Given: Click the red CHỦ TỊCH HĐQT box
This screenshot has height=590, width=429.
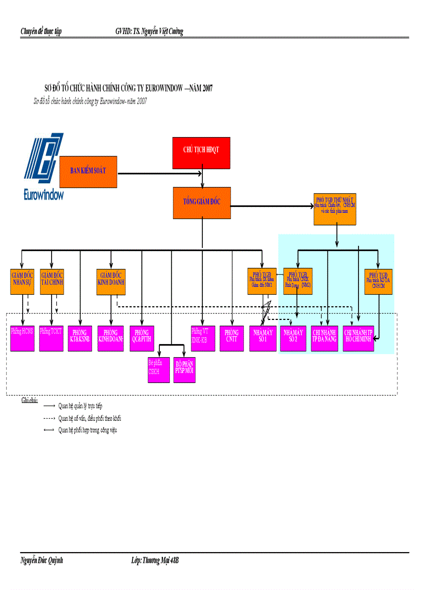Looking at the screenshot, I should [x=202, y=150].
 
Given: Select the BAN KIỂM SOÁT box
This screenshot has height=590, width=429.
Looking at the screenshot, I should [x=88, y=172].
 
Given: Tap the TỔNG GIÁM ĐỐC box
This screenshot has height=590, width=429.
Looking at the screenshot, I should [x=202, y=203].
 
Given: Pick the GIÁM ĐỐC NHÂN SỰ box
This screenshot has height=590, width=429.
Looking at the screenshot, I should [x=22, y=281].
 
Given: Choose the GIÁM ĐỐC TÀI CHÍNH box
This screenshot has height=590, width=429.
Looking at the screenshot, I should [x=52, y=281].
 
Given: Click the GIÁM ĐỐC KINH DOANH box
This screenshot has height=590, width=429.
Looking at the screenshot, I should [x=111, y=281].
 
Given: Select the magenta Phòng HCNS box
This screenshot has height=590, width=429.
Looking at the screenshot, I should [x=22, y=338].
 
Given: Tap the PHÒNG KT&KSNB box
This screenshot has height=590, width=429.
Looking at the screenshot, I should [x=80, y=338].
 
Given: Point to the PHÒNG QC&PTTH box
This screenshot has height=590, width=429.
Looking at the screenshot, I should [x=141, y=338].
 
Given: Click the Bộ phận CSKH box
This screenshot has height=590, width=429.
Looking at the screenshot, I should [x=158, y=369].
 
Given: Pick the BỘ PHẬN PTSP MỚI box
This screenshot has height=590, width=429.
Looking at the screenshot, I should [x=185, y=369].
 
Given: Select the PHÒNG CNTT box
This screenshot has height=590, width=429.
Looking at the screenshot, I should [x=231, y=338].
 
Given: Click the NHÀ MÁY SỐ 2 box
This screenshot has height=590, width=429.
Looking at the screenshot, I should [x=293, y=338].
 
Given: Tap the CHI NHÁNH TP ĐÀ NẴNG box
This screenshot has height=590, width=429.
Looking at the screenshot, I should [x=324, y=338].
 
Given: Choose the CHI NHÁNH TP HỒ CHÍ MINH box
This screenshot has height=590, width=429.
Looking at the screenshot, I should [x=358, y=338].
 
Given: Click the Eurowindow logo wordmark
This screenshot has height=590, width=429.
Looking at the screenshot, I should [x=44, y=195].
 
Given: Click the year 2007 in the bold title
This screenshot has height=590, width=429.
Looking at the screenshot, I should [x=206, y=89].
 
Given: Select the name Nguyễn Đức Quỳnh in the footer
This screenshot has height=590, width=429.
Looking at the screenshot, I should [x=42, y=561].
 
